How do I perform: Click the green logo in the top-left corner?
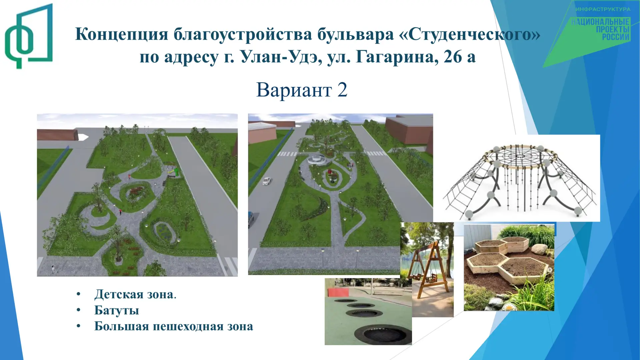coord(29,36)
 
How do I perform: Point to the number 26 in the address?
coord(453,57)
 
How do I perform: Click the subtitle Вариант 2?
coord(302,90)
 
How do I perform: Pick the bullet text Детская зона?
coord(135,294)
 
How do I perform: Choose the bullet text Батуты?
coord(117,310)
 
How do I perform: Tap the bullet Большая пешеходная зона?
coord(174,326)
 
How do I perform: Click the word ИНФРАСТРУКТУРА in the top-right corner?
coord(603,9)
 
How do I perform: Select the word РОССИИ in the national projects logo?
coord(616,37)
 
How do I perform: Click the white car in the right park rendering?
coord(266,181)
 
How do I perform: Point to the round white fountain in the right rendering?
coord(318,159)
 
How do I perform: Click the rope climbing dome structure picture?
coord(521,178)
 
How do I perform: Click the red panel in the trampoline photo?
coord(338,292)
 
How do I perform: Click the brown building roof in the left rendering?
coord(57,135)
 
